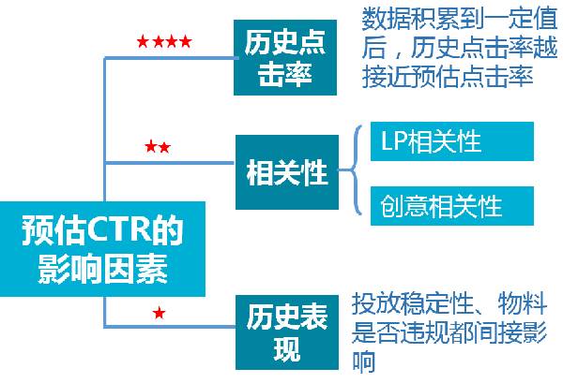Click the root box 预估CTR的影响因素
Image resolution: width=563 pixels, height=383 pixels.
pos(101,249)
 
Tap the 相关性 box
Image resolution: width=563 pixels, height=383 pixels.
pos(285,172)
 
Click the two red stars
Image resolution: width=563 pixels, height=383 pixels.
pos(157,147)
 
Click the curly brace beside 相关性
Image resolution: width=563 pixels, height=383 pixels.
pos(346,172)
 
